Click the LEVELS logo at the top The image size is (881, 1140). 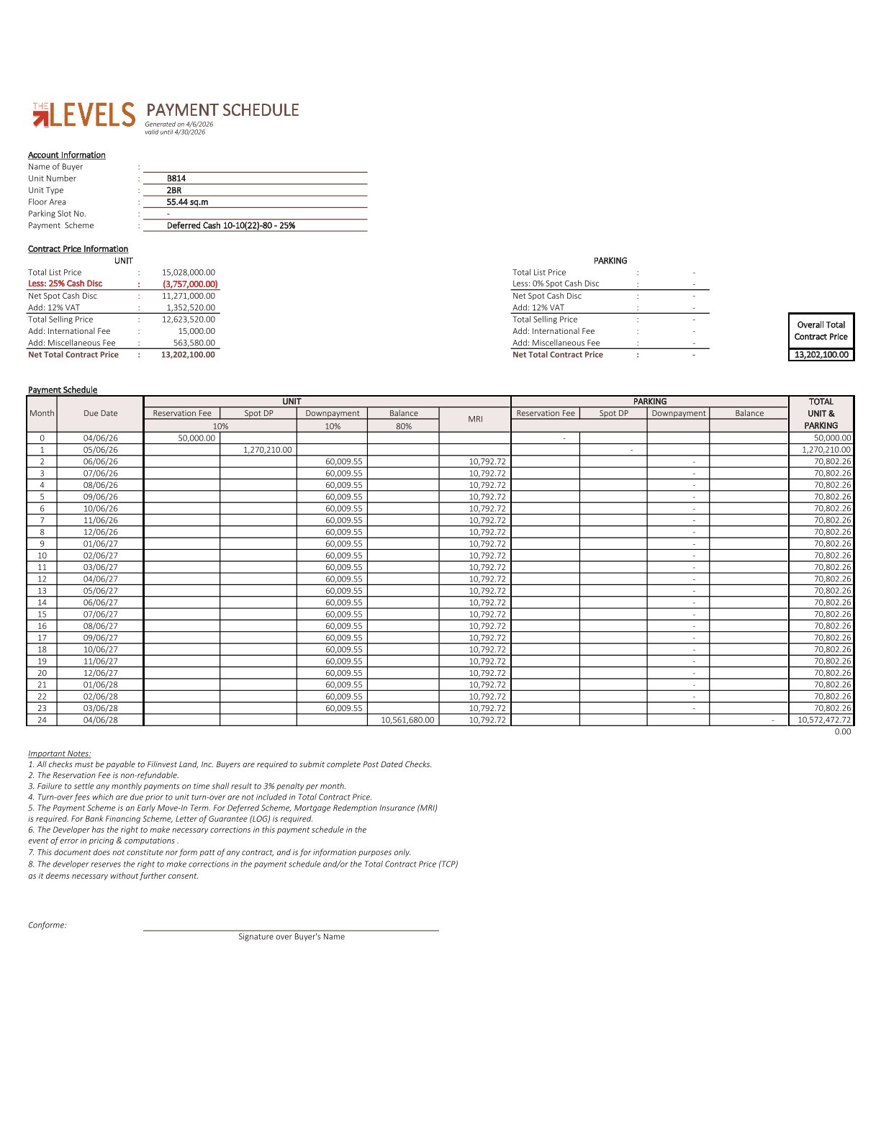point(84,115)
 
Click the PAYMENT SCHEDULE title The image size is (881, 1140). point(222,110)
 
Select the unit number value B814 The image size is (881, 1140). point(176,178)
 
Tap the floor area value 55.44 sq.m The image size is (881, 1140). point(187,202)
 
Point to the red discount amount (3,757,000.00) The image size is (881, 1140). point(190,284)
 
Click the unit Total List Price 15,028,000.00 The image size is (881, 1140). point(188,273)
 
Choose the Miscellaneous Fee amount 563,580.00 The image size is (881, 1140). point(194,343)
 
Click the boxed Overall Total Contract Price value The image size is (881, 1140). point(821,355)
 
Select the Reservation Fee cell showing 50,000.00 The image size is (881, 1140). point(196,438)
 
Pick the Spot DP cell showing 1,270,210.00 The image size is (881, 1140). point(267,450)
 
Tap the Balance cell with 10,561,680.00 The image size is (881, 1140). point(407,720)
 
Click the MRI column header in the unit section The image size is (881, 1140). point(475,419)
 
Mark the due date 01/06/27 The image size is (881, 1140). point(100,544)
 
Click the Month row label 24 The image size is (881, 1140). point(42,720)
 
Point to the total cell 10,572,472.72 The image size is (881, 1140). point(823,720)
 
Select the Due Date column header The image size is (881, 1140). point(100,414)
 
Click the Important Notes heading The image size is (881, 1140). point(59,754)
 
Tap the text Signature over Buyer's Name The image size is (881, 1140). point(292,937)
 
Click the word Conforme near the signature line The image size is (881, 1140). point(47,926)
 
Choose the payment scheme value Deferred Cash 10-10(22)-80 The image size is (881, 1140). point(230,226)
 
